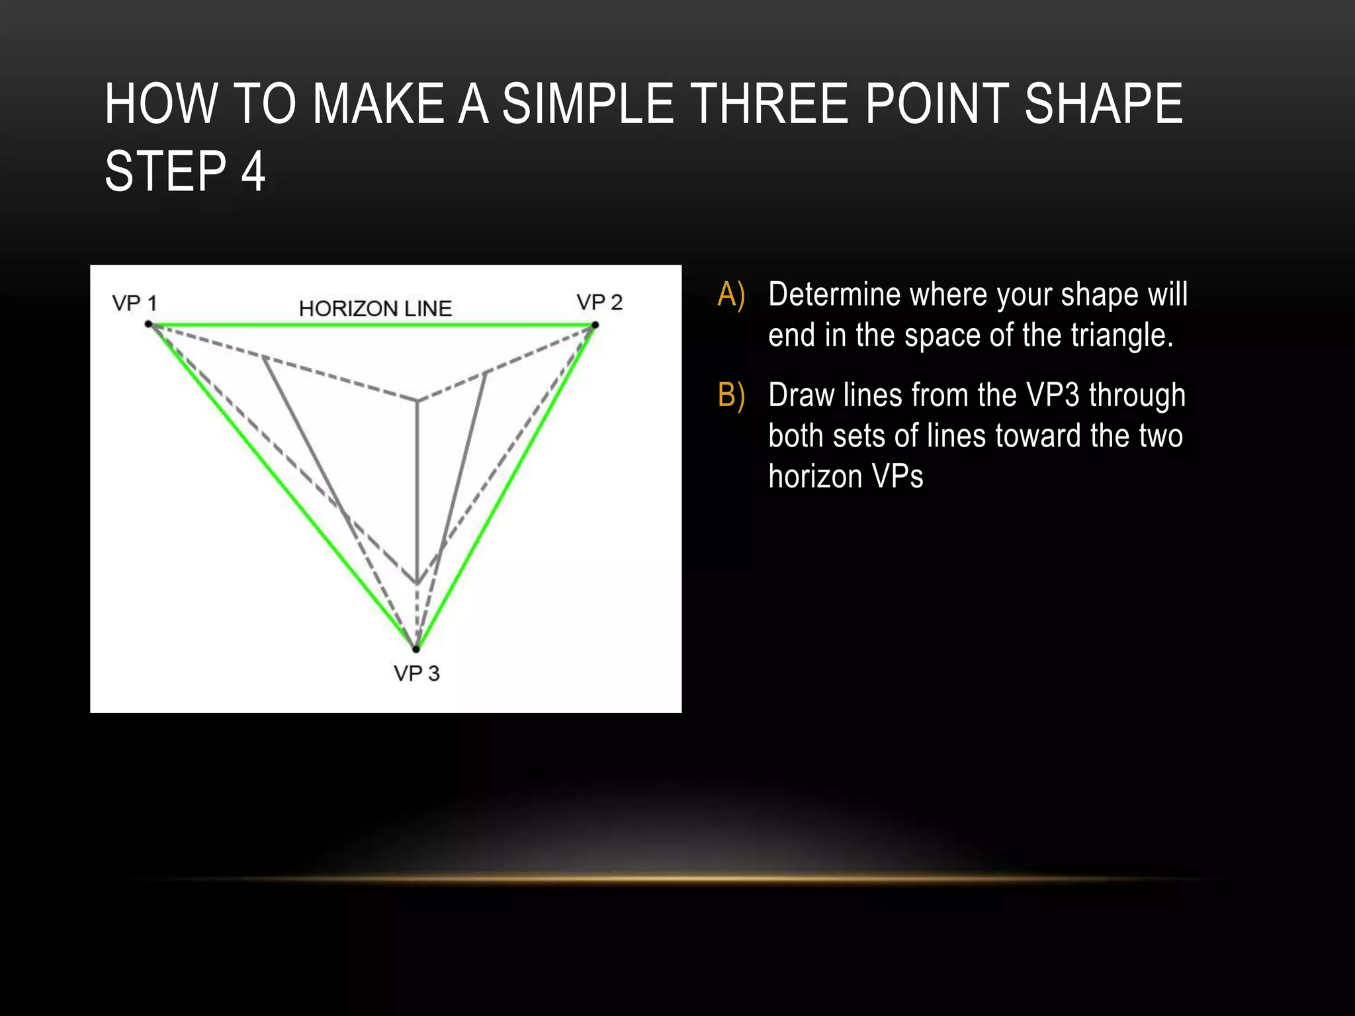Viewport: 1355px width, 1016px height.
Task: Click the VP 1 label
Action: [134, 304]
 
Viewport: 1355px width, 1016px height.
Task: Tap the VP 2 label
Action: [599, 302]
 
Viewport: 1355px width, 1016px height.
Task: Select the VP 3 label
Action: [416, 673]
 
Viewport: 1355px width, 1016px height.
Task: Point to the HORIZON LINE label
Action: [375, 308]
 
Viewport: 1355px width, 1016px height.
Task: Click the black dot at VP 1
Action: [149, 324]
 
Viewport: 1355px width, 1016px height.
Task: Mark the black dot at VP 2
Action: [595, 325]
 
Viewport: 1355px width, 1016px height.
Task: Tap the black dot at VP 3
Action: [416, 649]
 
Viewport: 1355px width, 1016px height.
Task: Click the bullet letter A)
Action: [731, 295]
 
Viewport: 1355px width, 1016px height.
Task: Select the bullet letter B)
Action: [731, 396]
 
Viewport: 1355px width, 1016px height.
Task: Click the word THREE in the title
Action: [771, 104]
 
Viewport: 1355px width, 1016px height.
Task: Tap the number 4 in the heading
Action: [253, 171]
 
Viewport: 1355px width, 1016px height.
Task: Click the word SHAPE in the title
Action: [1103, 104]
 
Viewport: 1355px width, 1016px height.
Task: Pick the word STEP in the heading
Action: [166, 171]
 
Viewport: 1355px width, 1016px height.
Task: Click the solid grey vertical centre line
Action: [417, 489]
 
